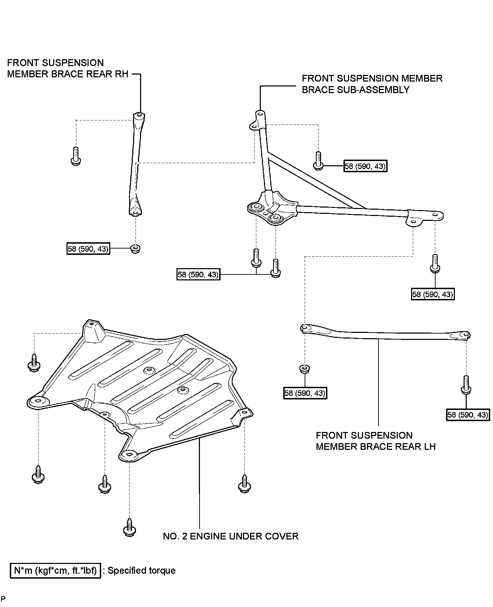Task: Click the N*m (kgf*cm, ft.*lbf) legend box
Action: tap(56, 571)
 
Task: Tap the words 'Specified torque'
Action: tap(141, 571)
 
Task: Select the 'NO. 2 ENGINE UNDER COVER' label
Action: tap(231, 536)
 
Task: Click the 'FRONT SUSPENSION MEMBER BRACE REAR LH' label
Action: tap(376, 441)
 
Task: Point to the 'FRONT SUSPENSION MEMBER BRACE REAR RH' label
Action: tap(68, 68)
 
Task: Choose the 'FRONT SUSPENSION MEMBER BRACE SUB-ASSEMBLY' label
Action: tap(372, 84)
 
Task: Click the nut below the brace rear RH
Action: tap(135, 249)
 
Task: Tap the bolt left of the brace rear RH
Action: tap(76, 156)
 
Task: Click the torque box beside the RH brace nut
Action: tap(89, 249)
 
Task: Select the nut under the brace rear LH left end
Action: tap(304, 369)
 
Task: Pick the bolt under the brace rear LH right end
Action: tap(466, 385)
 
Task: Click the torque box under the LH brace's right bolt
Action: tap(468, 415)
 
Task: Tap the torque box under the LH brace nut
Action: tap(305, 393)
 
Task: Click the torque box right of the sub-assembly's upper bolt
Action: tap(366, 166)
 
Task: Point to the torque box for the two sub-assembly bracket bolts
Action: tap(199, 274)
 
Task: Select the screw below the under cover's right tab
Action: tap(245, 484)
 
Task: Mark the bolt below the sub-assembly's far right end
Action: tap(435, 263)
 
